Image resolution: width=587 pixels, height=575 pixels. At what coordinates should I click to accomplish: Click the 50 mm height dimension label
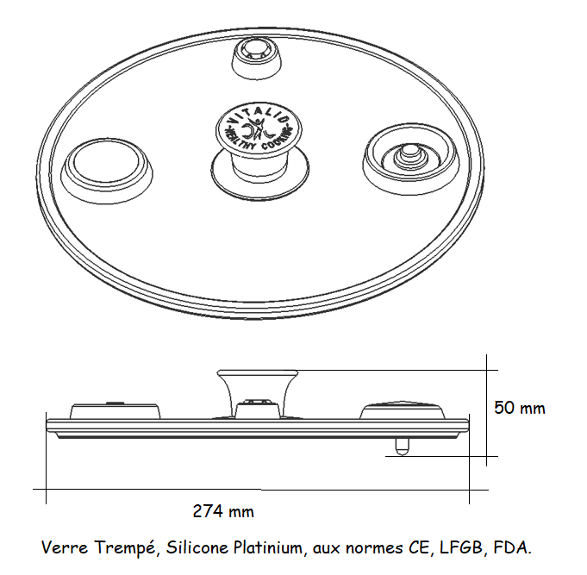(519, 408)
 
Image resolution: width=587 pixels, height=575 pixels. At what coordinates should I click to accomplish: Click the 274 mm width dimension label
(223, 511)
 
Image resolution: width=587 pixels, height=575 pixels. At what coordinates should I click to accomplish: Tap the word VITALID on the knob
(259, 114)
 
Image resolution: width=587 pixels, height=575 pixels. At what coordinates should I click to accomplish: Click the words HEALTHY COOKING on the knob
(258, 139)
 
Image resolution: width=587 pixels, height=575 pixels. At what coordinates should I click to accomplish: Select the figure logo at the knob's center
(259, 128)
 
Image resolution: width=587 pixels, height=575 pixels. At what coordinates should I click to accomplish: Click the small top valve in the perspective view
(257, 58)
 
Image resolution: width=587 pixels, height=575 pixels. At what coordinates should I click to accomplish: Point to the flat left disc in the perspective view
(107, 171)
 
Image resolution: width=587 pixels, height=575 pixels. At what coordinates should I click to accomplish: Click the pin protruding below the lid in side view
(402, 447)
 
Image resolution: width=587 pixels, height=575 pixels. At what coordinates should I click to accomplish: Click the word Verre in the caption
(65, 547)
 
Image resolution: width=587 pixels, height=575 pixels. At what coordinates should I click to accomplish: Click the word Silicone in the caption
(197, 547)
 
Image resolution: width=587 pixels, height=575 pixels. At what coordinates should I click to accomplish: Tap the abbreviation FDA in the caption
(512, 547)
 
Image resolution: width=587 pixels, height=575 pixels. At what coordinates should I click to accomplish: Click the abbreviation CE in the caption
(418, 548)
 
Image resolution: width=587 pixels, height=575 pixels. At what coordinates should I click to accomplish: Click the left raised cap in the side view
(116, 410)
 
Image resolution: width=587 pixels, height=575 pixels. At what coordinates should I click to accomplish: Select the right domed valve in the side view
(403, 410)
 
